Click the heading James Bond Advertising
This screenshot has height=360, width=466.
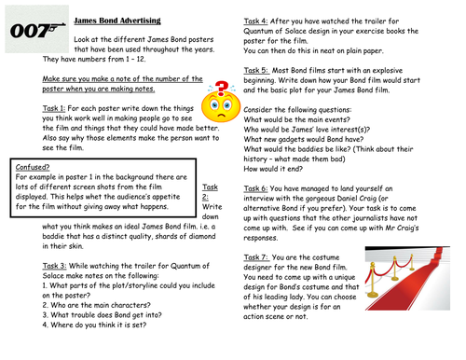point(116,19)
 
